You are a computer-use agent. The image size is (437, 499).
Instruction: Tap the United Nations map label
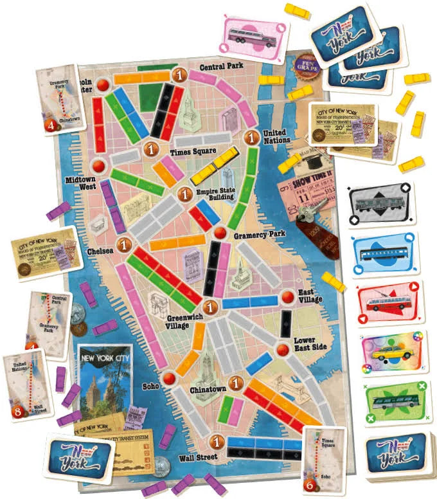tap(276, 137)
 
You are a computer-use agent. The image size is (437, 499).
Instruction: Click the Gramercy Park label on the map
tap(259, 235)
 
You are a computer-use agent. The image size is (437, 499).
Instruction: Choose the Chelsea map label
tap(100, 251)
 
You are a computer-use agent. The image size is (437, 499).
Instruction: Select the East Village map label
tap(310, 296)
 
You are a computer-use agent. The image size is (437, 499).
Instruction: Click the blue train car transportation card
tap(385, 254)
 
